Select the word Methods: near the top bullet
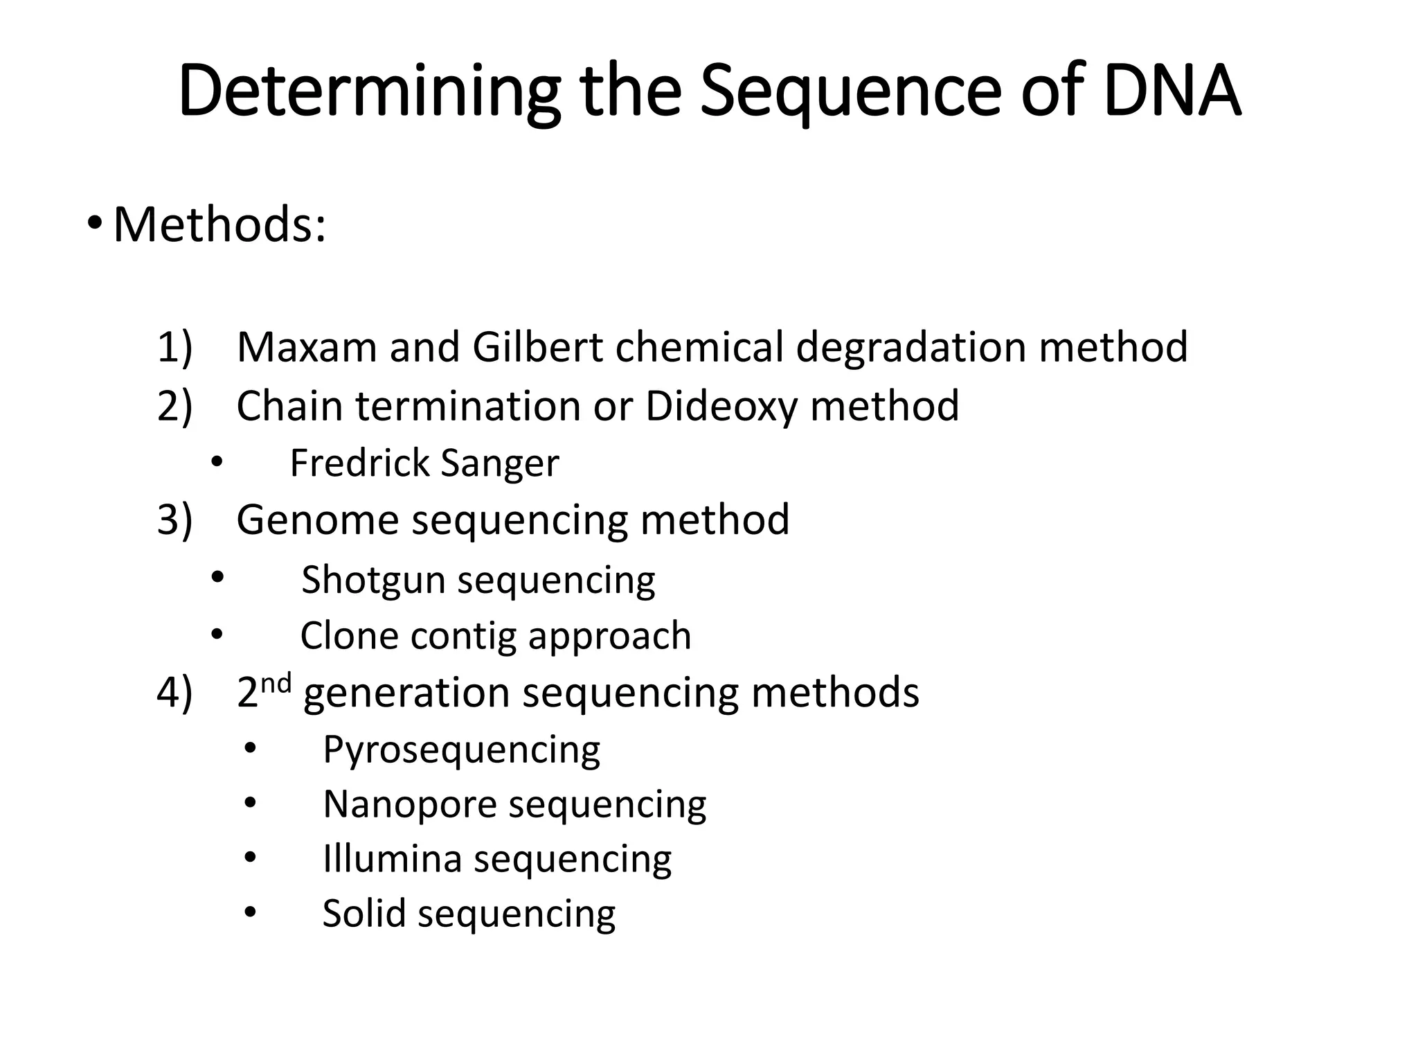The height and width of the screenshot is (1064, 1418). click(219, 224)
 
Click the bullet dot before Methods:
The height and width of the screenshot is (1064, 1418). click(96, 223)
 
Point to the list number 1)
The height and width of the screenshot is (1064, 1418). click(174, 347)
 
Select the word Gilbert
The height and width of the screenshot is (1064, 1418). click(537, 346)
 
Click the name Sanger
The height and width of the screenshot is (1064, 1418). click(499, 463)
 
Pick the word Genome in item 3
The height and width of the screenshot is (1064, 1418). click(317, 520)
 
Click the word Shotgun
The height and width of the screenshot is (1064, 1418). click(373, 579)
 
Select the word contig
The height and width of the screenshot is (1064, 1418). click(463, 636)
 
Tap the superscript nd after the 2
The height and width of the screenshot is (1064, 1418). click(276, 684)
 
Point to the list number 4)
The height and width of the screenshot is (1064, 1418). click(174, 692)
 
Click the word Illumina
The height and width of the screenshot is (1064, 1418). click(392, 859)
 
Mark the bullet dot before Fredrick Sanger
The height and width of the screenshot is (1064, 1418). click(217, 462)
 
